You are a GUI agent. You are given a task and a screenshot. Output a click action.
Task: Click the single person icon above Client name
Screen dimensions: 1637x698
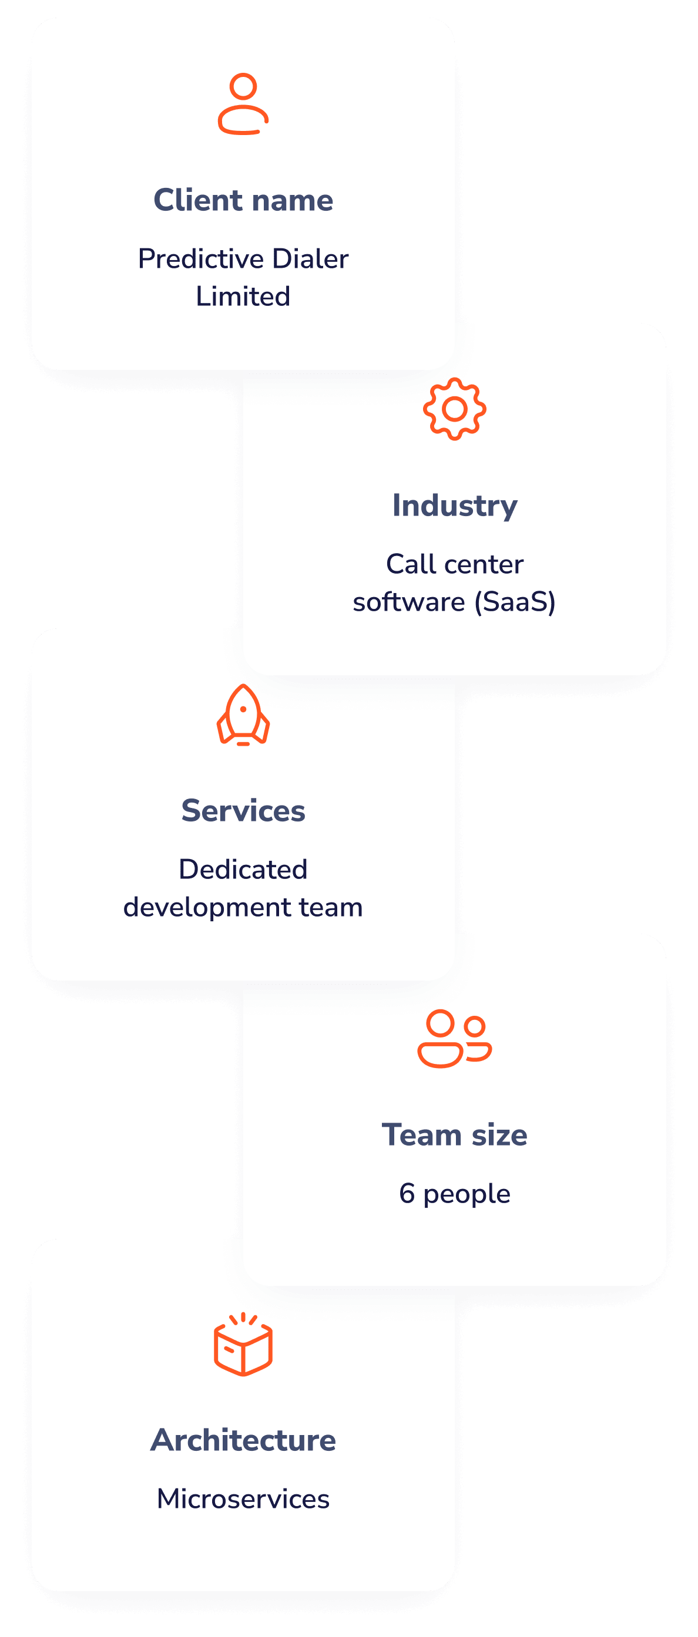pos(243,104)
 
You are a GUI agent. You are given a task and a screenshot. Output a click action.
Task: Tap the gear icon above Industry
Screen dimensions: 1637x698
pos(455,409)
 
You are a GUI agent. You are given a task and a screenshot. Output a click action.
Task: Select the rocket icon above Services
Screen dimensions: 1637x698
pos(243,715)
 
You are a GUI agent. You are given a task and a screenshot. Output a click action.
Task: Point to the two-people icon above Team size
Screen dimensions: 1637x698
pos(455,1038)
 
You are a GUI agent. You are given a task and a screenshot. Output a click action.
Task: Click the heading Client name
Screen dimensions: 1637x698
pos(243,200)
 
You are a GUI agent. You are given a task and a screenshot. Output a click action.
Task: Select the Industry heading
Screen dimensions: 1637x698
pos(455,506)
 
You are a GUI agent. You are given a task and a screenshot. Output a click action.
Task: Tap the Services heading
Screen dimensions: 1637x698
pos(243,811)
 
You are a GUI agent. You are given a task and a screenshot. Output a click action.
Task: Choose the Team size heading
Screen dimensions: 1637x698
pos(455,1135)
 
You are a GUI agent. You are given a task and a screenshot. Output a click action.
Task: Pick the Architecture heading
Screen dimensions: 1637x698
pos(243,1440)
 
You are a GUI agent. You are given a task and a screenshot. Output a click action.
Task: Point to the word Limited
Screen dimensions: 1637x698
pos(243,297)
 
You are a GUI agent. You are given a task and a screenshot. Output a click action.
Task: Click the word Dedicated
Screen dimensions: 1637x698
pos(243,870)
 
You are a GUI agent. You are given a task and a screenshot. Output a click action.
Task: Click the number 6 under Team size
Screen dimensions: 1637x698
pos(407,1194)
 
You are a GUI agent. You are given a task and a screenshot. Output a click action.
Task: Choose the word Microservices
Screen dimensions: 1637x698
pos(243,1499)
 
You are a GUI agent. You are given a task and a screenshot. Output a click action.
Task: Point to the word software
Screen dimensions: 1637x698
pos(409,602)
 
